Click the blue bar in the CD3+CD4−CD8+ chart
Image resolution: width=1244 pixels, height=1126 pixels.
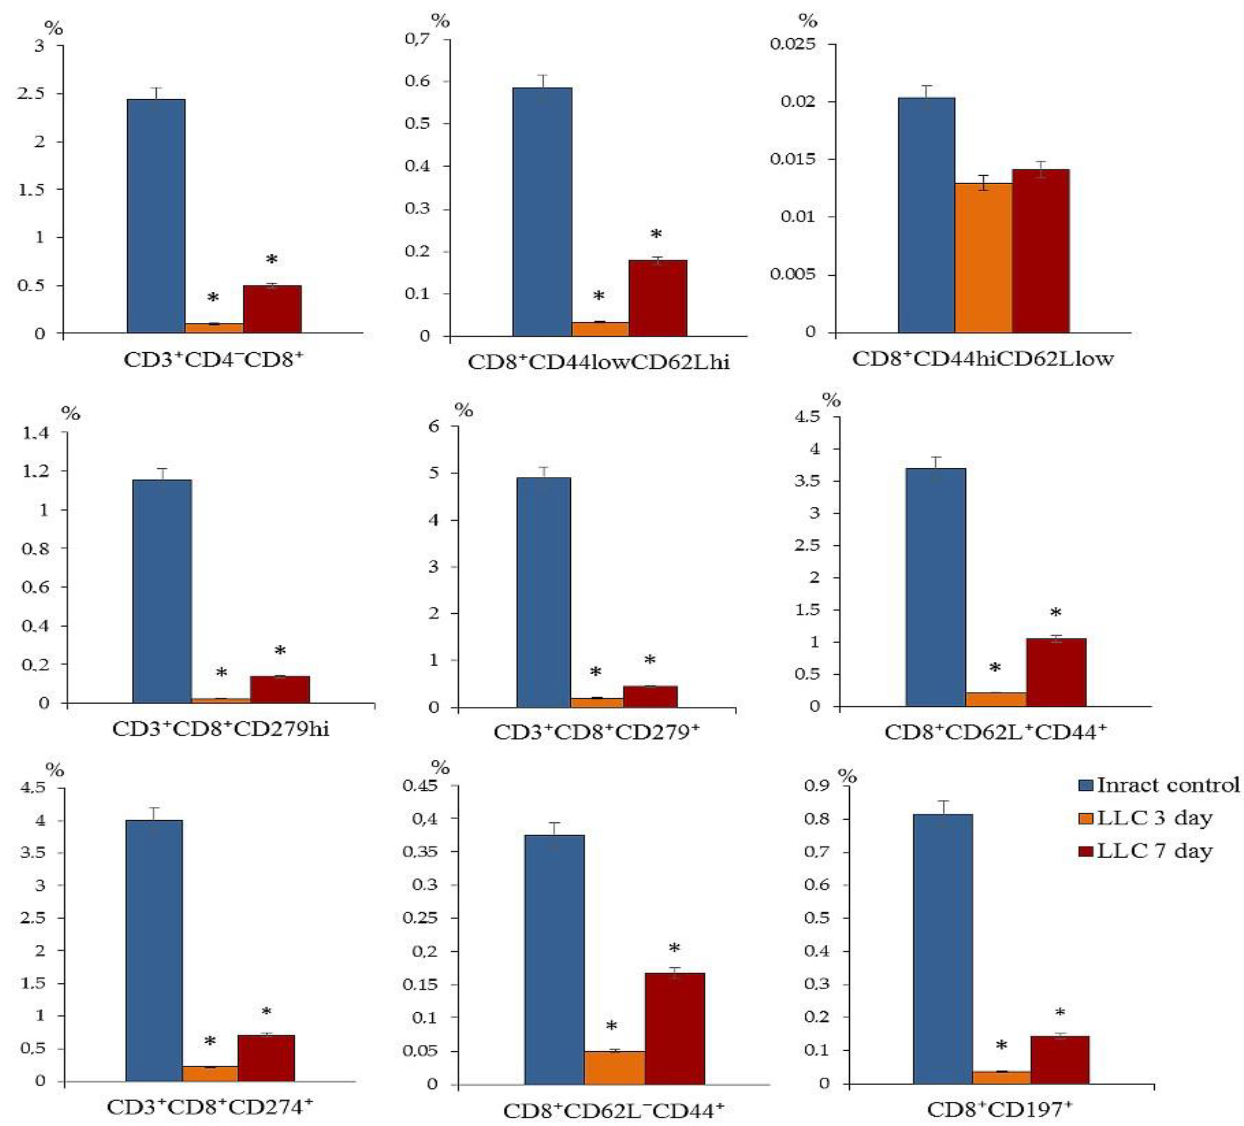pos(156,216)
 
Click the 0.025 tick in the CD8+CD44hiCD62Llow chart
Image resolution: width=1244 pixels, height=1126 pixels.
pos(800,44)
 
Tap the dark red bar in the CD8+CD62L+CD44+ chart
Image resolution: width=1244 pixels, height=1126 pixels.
pos(1056,672)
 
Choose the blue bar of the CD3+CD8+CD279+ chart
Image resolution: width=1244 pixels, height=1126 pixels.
pos(543,592)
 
